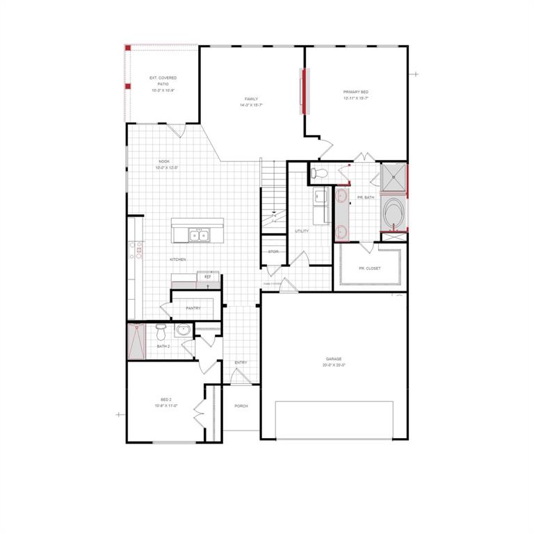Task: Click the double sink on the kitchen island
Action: [199, 236]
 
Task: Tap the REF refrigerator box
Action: [207, 277]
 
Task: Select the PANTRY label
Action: [193, 308]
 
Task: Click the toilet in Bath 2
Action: [161, 328]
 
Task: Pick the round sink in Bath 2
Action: [183, 330]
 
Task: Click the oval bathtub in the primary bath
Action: [393, 213]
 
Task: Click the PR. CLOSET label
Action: [369, 268]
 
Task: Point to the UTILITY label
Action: [302, 231]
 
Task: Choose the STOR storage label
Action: [273, 252]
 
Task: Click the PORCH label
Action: [241, 406]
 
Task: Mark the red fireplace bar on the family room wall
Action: [302, 91]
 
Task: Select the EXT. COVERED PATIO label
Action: [163, 84]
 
